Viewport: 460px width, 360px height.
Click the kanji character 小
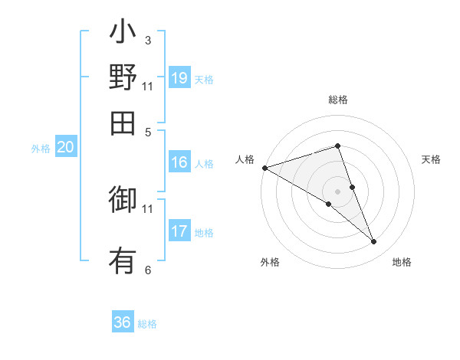coord(123,34)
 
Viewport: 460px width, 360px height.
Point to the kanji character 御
coord(123,201)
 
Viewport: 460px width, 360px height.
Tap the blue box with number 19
coord(179,78)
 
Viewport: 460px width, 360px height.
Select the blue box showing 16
coord(179,162)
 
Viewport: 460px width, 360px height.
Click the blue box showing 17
coord(179,231)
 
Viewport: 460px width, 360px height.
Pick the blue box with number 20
coord(65,148)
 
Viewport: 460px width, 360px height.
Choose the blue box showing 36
coord(123,322)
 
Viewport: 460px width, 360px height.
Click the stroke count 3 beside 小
coord(148,40)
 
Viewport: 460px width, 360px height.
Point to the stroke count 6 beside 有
coord(148,270)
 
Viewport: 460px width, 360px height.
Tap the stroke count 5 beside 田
coord(148,131)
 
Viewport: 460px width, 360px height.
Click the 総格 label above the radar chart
coord(338,100)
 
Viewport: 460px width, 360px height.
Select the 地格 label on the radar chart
coord(402,263)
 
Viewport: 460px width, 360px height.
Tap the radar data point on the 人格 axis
coord(264,168)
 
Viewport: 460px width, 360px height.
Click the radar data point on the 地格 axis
coord(374,242)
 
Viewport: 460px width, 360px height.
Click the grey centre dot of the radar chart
coord(338,191)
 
